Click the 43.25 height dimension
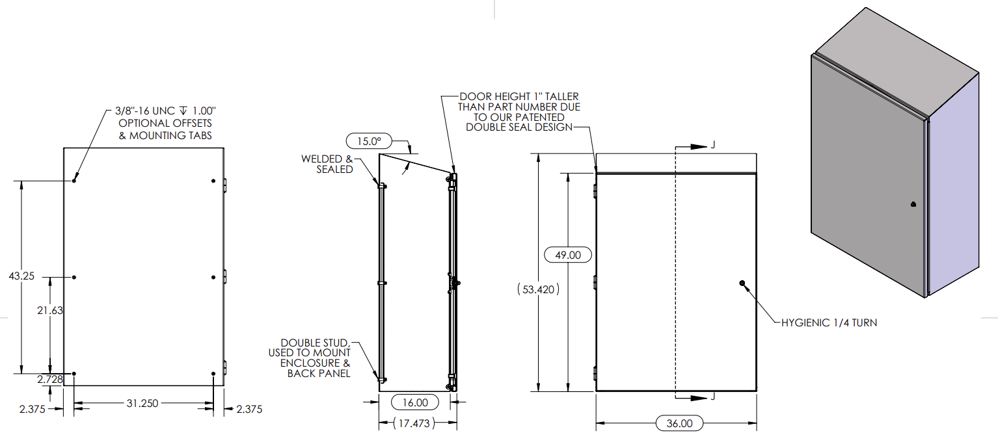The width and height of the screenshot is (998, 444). click(21, 276)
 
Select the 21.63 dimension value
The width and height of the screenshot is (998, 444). click(50, 311)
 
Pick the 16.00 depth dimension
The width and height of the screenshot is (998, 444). click(415, 402)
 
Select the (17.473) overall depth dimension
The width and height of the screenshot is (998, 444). click(416, 423)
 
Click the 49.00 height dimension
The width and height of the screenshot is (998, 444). click(567, 255)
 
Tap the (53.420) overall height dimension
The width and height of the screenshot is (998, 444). click(539, 289)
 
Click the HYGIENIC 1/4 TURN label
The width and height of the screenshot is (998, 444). click(828, 322)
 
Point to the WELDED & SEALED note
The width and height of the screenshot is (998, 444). click(327, 164)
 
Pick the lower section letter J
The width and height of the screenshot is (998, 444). click(714, 397)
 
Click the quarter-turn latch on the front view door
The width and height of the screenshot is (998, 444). click(742, 283)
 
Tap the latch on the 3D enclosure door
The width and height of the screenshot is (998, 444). click(913, 205)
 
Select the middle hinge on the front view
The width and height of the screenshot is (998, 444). click(595, 282)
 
